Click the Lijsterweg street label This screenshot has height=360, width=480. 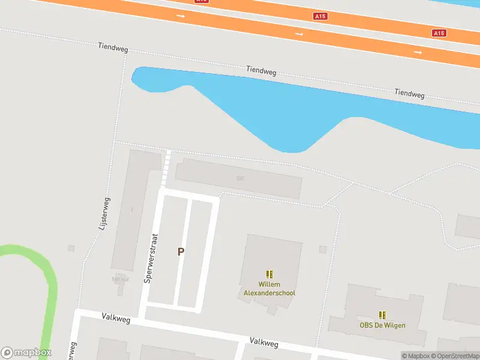pyautogui.click(x=105, y=214)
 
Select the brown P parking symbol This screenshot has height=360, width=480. pyautogui.click(x=180, y=253)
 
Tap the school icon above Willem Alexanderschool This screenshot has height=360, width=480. pyautogui.click(x=269, y=274)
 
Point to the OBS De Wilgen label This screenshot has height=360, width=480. pyautogui.click(x=382, y=325)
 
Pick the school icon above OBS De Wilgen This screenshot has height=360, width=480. pyautogui.click(x=382, y=314)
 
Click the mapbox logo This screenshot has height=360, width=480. pyautogui.click(x=26, y=353)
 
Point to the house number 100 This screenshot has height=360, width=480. pyautogui.click(x=240, y=178)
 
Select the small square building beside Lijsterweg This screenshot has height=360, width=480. pyautogui.click(x=71, y=248)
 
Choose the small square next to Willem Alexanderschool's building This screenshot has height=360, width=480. pyautogui.click(x=323, y=249)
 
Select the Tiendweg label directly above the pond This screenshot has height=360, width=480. pyautogui.click(x=261, y=71)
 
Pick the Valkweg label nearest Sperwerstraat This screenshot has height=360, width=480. pyautogui.click(x=116, y=316)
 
